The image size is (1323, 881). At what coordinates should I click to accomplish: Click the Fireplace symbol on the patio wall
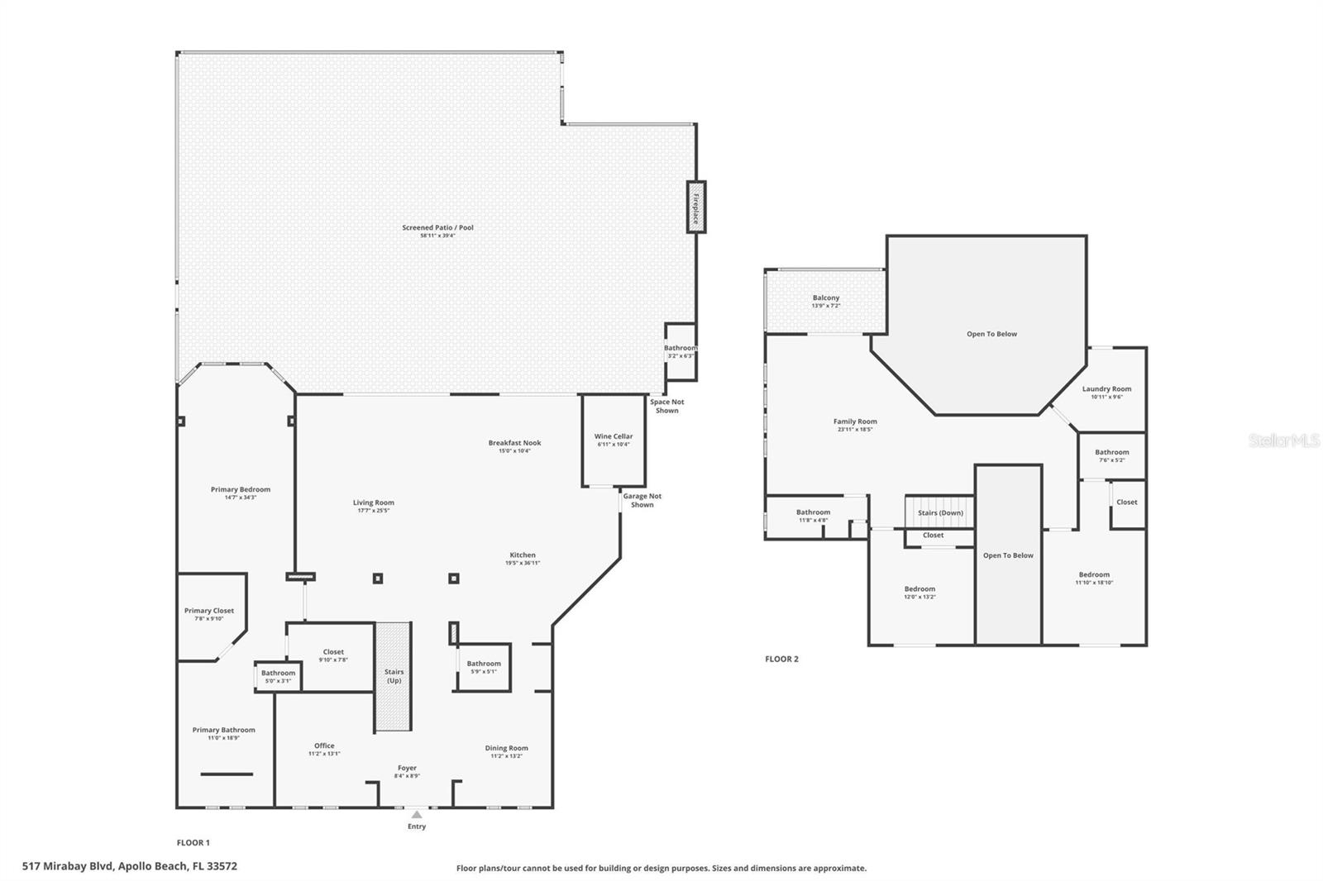click(695, 207)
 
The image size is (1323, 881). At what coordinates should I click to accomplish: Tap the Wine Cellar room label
click(614, 436)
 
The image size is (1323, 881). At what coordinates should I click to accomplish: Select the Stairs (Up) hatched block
click(394, 676)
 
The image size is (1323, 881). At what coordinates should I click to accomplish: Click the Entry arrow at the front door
click(417, 815)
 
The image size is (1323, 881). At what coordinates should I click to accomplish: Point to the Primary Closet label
click(209, 611)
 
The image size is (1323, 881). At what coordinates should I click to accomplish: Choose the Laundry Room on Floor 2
click(1106, 388)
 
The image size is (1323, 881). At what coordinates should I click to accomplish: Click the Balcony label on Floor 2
click(825, 298)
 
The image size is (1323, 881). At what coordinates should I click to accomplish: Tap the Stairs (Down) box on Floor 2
click(939, 512)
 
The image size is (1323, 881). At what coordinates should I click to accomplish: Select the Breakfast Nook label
click(514, 443)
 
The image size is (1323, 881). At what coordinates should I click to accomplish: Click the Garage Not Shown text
click(642, 500)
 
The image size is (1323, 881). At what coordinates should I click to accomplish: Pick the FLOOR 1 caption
click(193, 843)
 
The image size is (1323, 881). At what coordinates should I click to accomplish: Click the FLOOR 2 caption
click(781, 659)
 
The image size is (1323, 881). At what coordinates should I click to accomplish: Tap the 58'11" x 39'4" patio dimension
click(437, 236)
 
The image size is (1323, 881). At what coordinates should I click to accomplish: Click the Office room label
click(324, 745)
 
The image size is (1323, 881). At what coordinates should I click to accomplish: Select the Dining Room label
click(506, 748)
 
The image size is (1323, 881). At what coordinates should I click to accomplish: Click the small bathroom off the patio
click(680, 350)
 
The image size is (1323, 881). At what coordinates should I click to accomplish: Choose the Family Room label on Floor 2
click(855, 421)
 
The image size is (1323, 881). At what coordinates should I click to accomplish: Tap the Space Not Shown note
click(666, 406)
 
